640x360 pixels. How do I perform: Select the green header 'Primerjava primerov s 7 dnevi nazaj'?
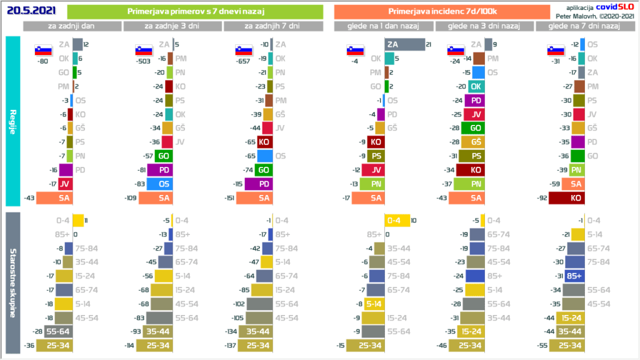[194, 12]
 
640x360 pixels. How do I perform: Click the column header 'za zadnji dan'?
[72, 26]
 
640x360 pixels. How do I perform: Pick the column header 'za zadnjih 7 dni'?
[272, 26]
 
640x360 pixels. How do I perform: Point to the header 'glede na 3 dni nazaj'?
[484, 26]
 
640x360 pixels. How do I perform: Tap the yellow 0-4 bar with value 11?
[78, 220]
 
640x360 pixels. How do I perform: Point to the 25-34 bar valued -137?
[258, 345]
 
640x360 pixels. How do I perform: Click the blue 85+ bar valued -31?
[574, 276]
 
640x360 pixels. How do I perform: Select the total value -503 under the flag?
[143, 61]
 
